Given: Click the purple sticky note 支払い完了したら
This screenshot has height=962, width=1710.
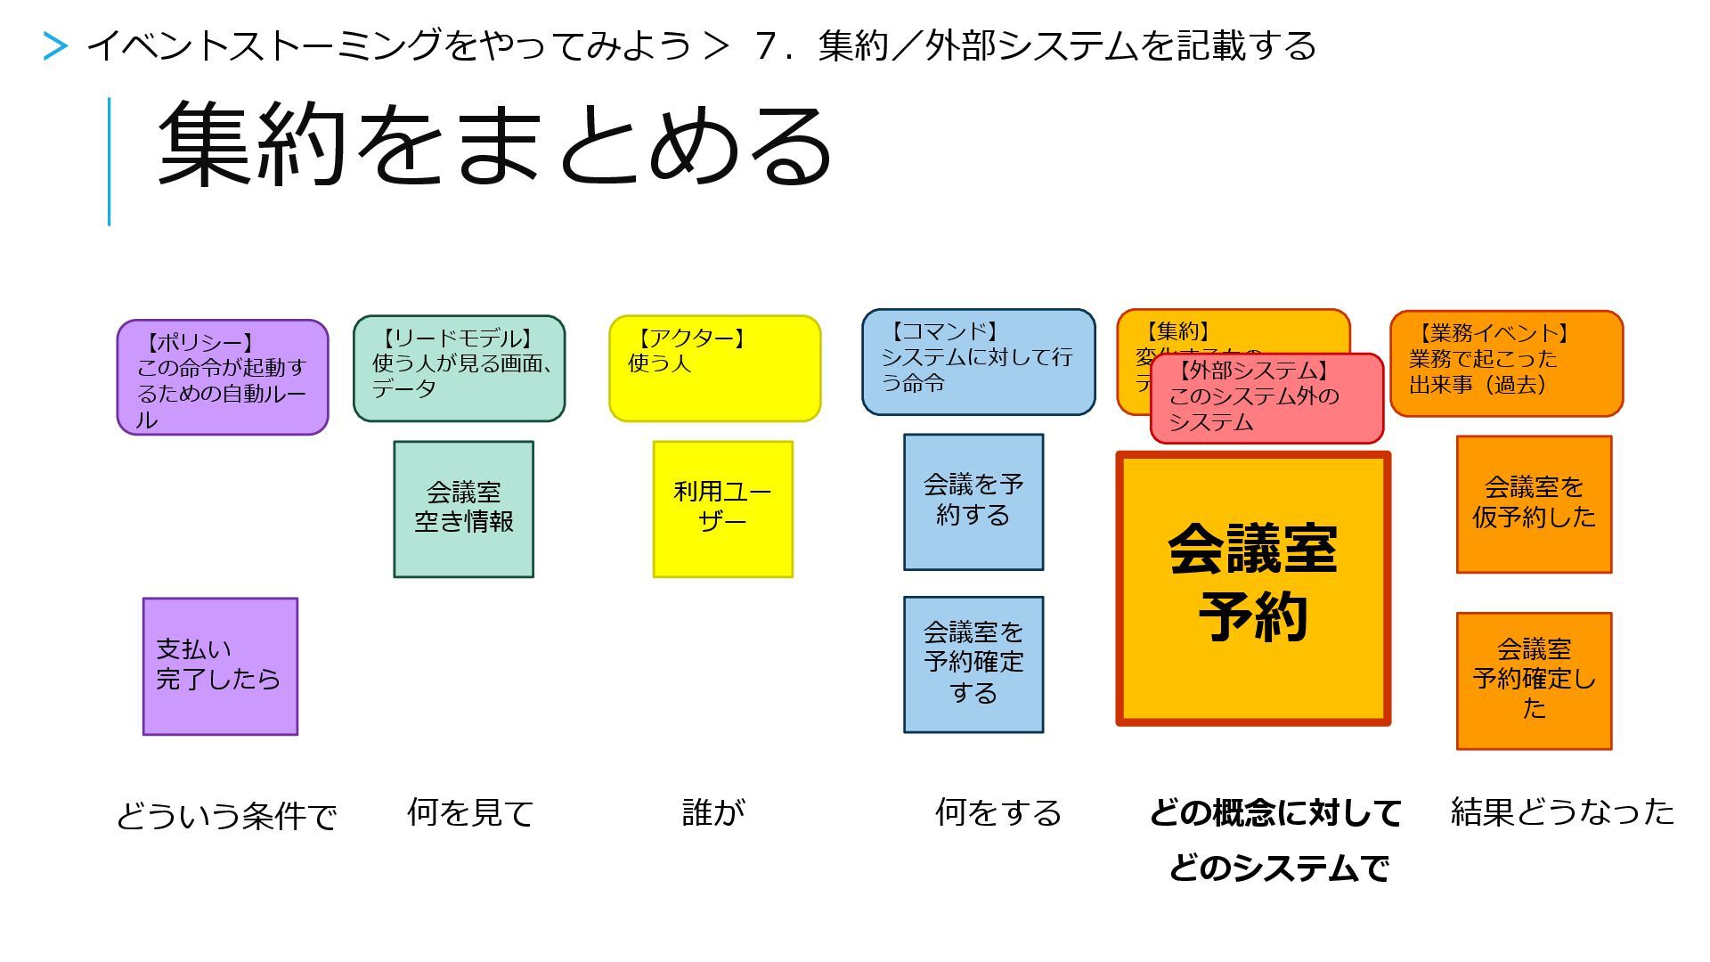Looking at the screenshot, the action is (220, 666).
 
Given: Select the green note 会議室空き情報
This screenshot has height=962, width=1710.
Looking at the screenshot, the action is (463, 509).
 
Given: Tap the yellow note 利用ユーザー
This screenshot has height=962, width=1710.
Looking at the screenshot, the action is (722, 509).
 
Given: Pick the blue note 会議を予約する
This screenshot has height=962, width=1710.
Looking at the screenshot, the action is (973, 501).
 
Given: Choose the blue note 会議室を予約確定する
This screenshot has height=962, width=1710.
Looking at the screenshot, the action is (973, 664).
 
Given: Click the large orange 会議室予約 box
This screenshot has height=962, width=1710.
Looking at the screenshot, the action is (1252, 588).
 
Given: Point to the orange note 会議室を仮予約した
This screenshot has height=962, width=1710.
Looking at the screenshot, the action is (1533, 503).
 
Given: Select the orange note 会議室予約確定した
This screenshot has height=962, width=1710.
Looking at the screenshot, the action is (1533, 681).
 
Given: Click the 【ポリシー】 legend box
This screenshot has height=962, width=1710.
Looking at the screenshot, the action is (223, 378).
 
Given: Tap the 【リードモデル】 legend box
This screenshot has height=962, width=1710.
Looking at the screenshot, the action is (459, 368).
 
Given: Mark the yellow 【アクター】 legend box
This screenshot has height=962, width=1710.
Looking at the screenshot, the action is (714, 368).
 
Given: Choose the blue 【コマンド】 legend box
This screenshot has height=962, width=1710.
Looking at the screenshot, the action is (978, 362).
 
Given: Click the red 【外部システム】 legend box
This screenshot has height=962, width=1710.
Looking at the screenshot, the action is (1266, 398).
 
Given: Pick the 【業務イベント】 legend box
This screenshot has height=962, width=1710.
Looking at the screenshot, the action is (1506, 363).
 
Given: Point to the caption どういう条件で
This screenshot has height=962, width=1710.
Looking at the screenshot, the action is (226, 816).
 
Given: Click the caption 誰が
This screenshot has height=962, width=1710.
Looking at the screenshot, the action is (712, 812).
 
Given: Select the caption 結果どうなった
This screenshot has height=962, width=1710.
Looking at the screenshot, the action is (1562, 812).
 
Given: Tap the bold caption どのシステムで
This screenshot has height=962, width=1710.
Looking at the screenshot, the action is (1279, 868).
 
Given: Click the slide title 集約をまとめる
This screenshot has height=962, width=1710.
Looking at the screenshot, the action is (494, 144).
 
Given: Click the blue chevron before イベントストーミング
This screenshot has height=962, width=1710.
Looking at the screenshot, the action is (55, 46).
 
